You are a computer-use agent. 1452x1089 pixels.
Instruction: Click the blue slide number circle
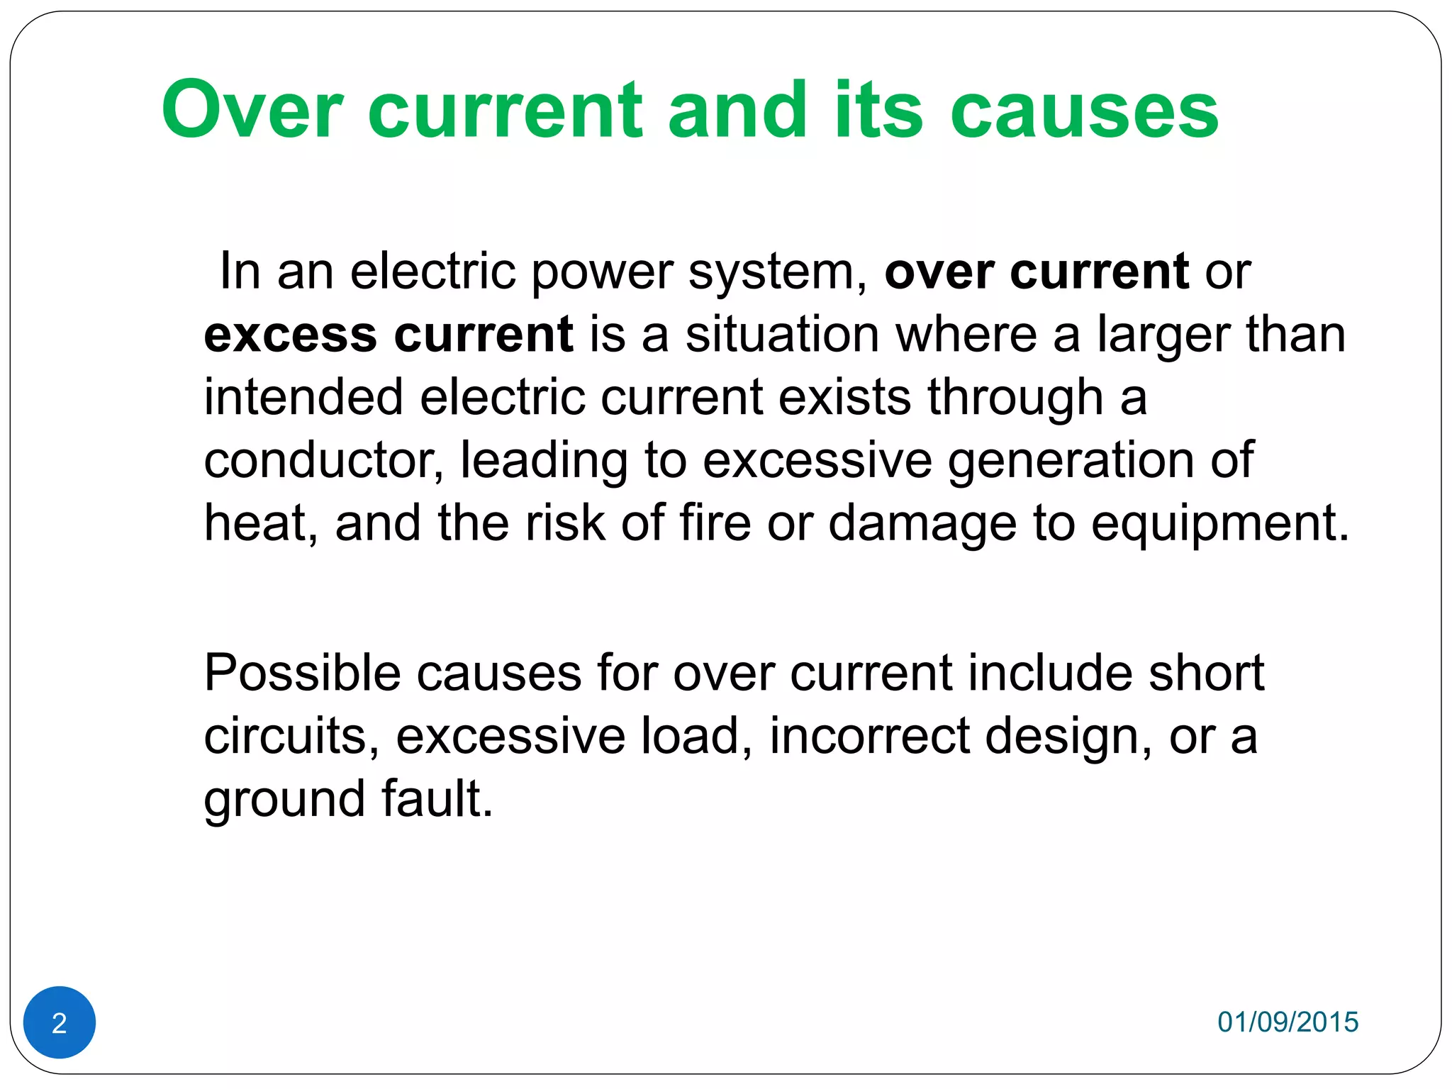(x=60, y=1022)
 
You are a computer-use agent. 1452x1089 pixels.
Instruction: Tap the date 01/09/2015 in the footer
(x=1288, y=1022)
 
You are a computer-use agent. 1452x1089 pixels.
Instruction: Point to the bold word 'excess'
(x=290, y=335)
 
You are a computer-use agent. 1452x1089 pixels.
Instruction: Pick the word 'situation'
(x=782, y=335)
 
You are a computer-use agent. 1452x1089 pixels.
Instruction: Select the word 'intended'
(x=303, y=396)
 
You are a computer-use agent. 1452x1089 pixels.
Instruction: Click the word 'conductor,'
(x=324, y=460)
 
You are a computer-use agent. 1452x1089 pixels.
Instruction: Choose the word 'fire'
(x=715, y=523)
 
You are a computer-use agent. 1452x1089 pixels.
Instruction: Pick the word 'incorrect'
(x=869, y=735)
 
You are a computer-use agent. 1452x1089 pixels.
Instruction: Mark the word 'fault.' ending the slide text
(x=437, y=798)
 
